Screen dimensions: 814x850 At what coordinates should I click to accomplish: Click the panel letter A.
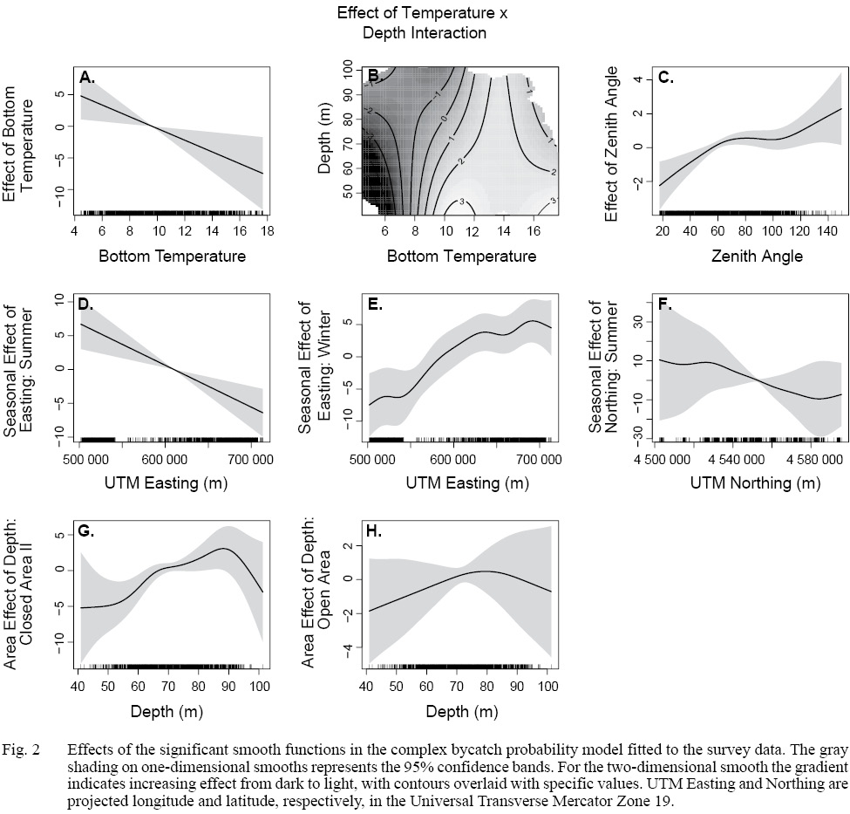pos(87,78)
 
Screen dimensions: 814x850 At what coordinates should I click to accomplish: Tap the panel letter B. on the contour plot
pos(375,77)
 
